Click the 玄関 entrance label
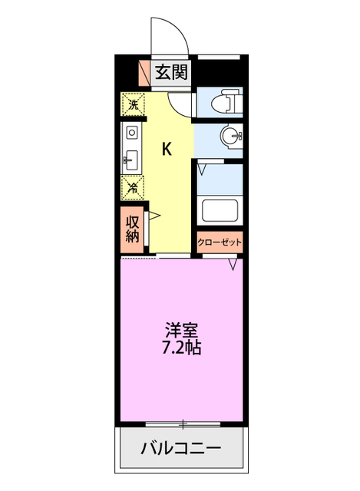point(170,73)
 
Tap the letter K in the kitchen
point(166,149)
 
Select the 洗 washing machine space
point(133,104)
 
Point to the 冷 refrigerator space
point(133,186)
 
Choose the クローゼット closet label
point(220,242)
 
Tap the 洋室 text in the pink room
point(182,331)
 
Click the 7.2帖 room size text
point(182,348)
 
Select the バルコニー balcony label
point(181,448)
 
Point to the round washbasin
point(230,137)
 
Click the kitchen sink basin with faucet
point(131,162)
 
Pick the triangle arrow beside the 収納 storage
point(154,217)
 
